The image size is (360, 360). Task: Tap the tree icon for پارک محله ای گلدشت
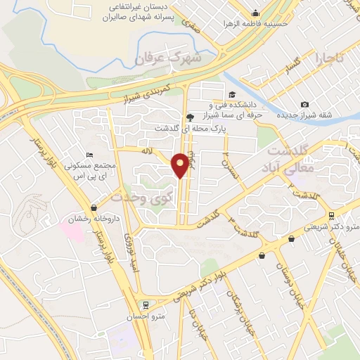point(189,117)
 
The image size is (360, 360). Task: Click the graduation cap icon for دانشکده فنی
point(231,95)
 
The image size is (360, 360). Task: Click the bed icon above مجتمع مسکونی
point(89,155)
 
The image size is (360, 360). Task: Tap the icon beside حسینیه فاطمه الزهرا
point(255,13)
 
